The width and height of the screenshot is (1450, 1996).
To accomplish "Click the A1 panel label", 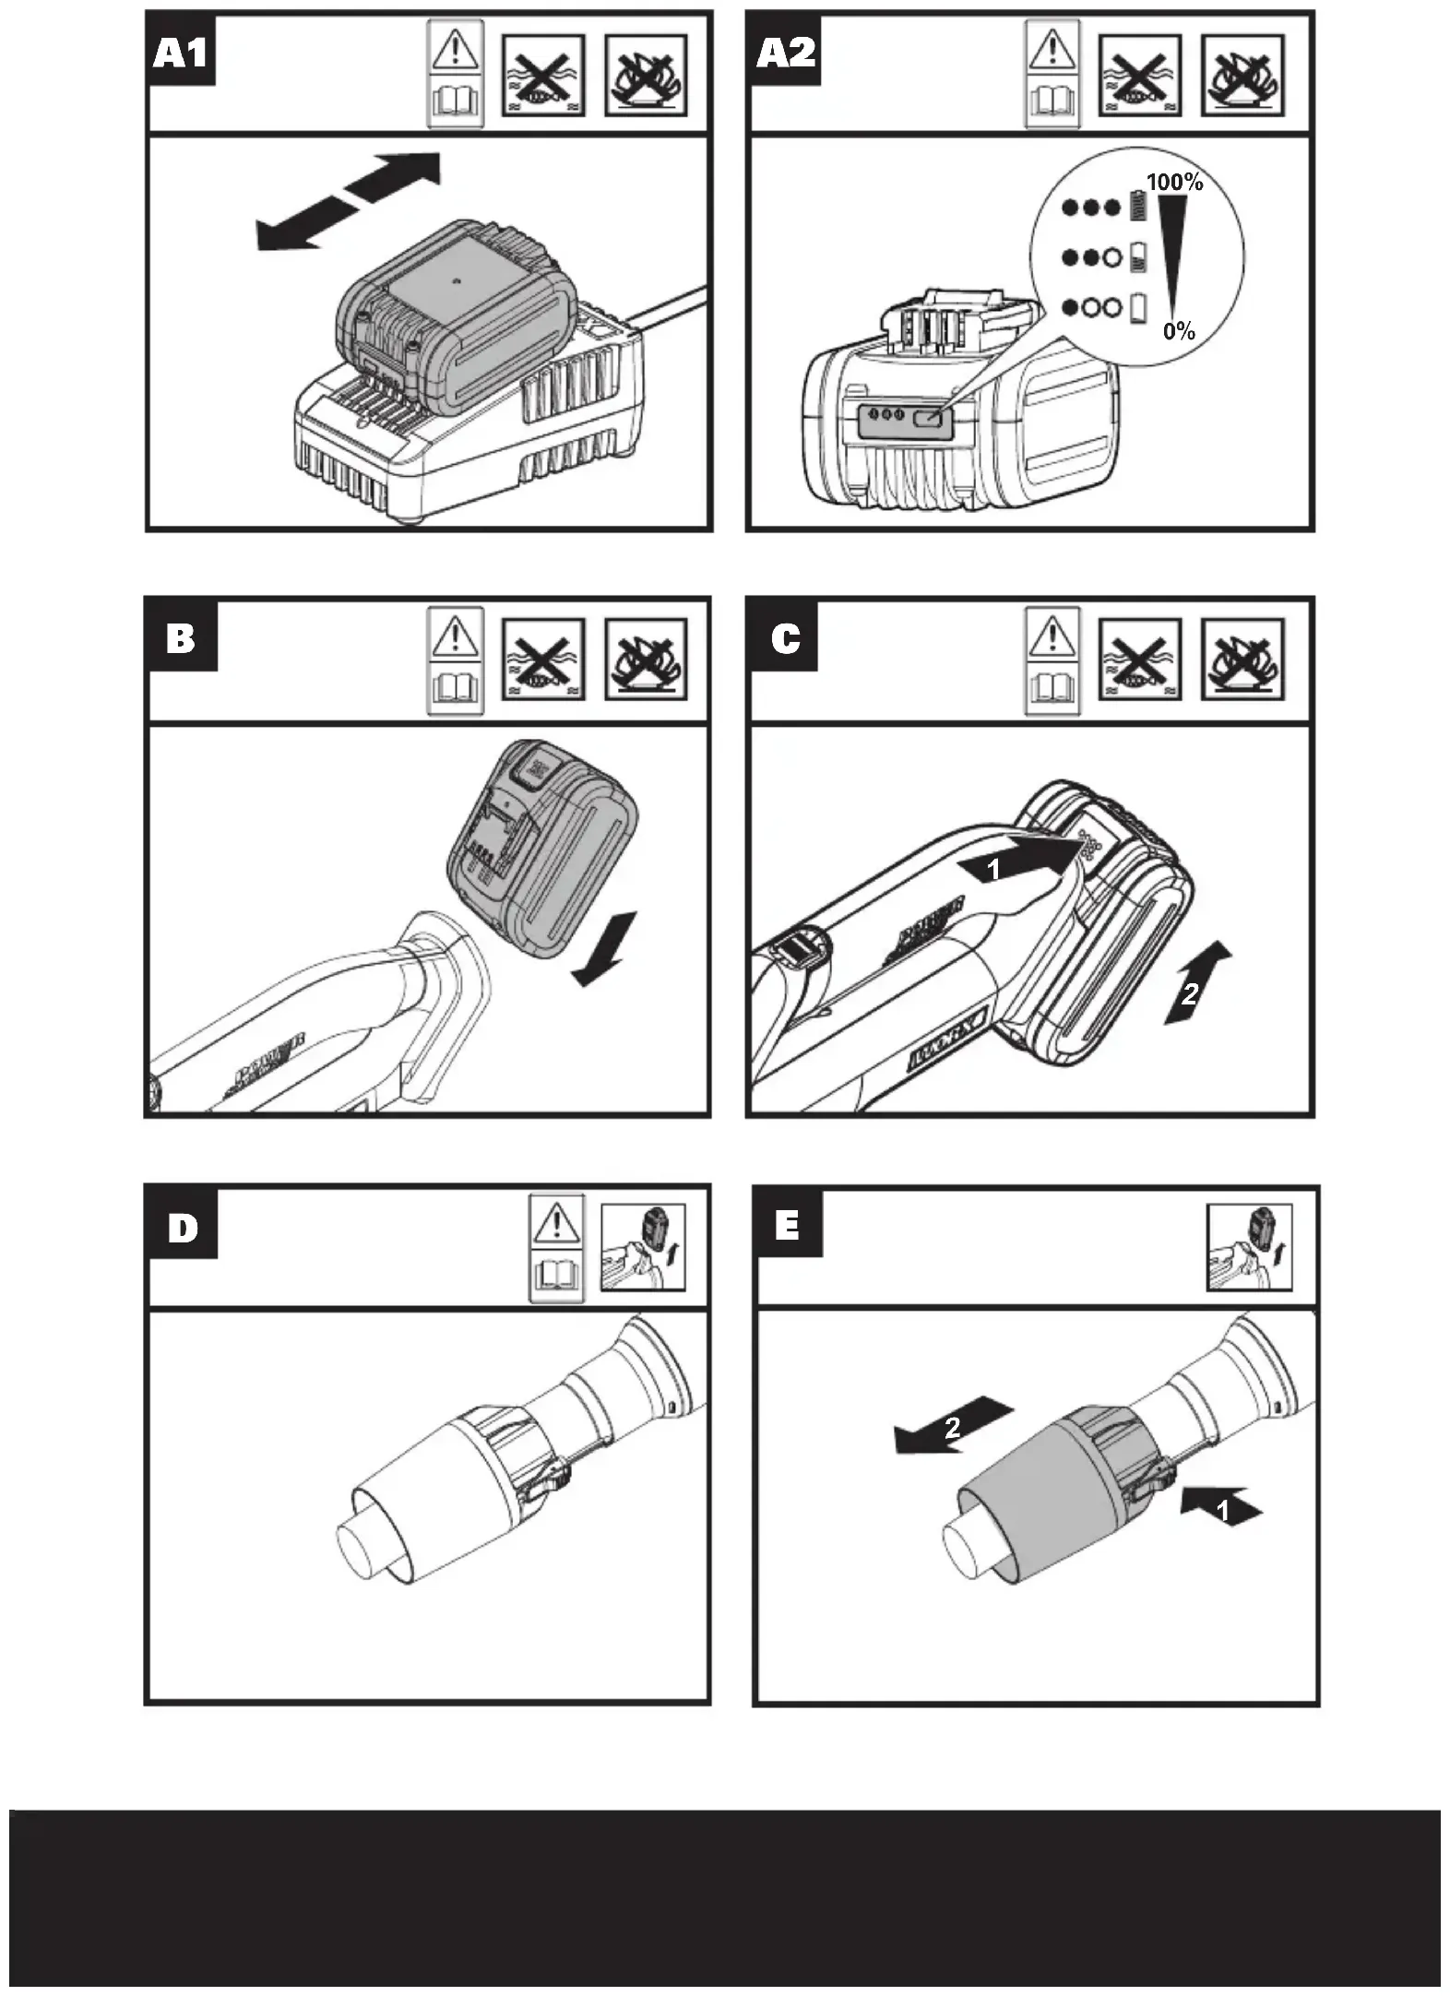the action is click(x=181, y=53).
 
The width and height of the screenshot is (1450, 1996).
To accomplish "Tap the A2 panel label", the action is click(x=785, y=53).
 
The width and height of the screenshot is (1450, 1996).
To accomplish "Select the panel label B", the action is click(x=181, y=637).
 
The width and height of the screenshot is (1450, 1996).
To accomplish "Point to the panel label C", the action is click(x=785, y=637).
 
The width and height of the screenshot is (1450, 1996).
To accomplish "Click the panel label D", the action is click(x=183, y=1228).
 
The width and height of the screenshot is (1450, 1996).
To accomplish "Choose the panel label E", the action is click(x=788, y=1226).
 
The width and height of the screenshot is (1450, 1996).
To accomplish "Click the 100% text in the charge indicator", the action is click(x=1174, y=182).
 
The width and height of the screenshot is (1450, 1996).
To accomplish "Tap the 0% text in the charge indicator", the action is click(x=1179, y=330).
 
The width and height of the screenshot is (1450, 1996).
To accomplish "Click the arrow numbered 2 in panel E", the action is click(x=954, y=1427).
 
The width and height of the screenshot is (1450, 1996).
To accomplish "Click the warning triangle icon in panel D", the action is click(x=556, y=1223).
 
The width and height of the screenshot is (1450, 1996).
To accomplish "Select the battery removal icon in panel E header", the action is click(x=1249, y=1246).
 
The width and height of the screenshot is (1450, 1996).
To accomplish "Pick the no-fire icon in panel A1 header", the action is click(x=646, y=76).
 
